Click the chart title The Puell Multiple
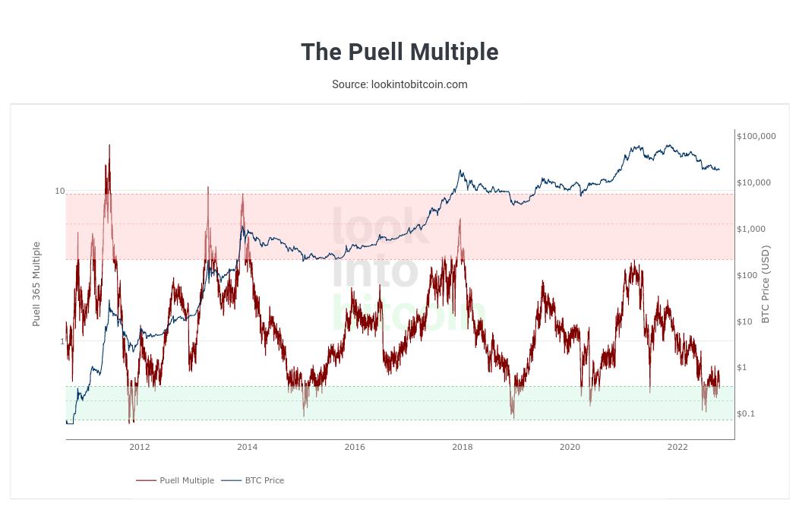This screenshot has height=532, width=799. point(399,52)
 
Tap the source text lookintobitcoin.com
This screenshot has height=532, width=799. point(399,84)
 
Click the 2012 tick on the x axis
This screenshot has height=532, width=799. point(140,447)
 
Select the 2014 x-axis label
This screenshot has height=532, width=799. point(247,447)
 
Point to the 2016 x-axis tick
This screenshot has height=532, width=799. point(355,447)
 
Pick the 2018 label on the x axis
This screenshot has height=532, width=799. point(462,447)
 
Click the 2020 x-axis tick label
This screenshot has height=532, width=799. point(570,447)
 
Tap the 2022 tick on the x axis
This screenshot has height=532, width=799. point(677,447)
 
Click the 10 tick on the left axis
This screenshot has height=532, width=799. point(59,191)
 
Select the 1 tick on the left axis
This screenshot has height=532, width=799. point(62,341)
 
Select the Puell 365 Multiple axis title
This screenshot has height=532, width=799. point(36,284)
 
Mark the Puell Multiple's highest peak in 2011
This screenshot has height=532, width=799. point(109,145)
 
